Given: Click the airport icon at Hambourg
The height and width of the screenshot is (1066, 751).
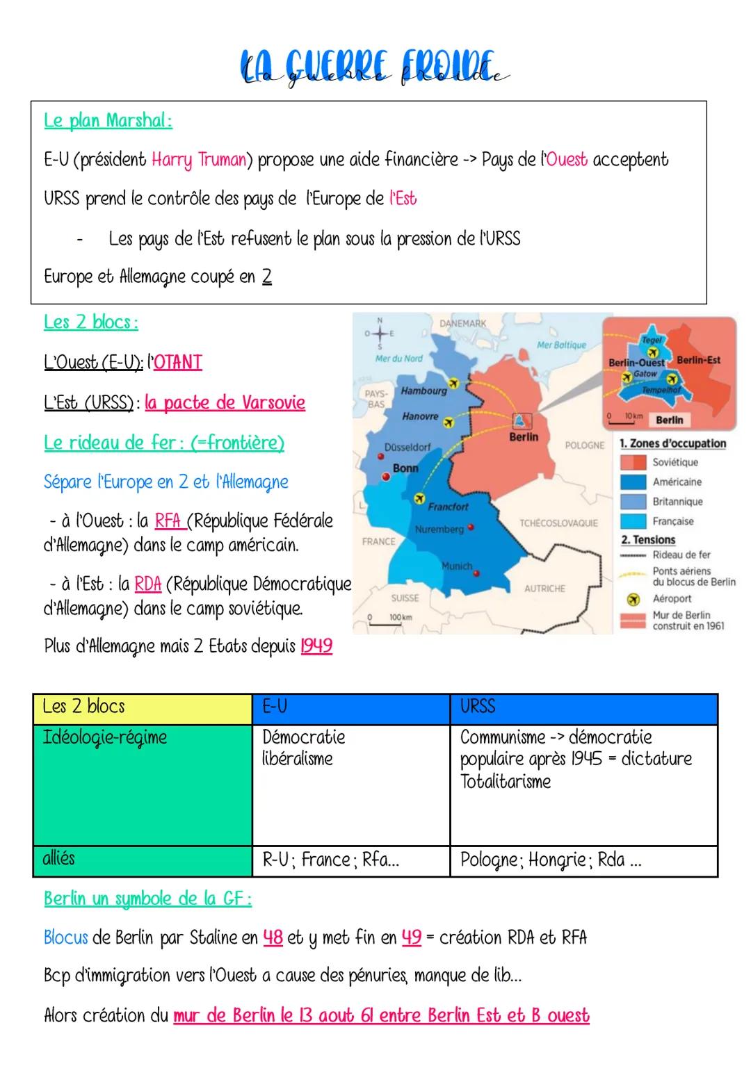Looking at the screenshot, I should [454, 383].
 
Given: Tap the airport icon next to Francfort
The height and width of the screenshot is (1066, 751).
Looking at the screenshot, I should [419, 498].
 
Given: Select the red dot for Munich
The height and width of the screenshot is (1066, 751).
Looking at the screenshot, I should [477, 573].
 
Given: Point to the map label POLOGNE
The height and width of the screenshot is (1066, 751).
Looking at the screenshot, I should [584, 445].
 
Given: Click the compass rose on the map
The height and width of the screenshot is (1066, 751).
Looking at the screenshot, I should [379, 333].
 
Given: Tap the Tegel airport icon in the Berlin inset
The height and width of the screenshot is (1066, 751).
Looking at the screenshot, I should [652, 352].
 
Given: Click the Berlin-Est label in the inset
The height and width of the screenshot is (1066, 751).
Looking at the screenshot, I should [698, 360].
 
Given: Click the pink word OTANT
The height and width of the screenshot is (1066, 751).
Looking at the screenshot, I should [177, 362].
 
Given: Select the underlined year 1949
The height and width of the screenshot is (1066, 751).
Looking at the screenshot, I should [316, 646].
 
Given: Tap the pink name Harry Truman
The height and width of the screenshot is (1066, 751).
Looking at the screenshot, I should [199, 160].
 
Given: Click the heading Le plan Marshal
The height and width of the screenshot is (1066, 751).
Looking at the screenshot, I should [108, 121].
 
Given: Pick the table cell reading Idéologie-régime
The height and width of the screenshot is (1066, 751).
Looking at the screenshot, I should [143, 784].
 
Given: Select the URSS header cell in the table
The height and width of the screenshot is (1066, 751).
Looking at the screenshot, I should [583, 707].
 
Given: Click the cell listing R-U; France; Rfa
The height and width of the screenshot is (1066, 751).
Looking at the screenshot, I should [350, 860].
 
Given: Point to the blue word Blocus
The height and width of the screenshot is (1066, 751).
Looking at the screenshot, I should [65, 937].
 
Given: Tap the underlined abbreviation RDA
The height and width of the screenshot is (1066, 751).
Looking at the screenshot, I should [147, 584].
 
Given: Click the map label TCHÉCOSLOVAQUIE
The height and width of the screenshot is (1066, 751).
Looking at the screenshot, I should [558, 523].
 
